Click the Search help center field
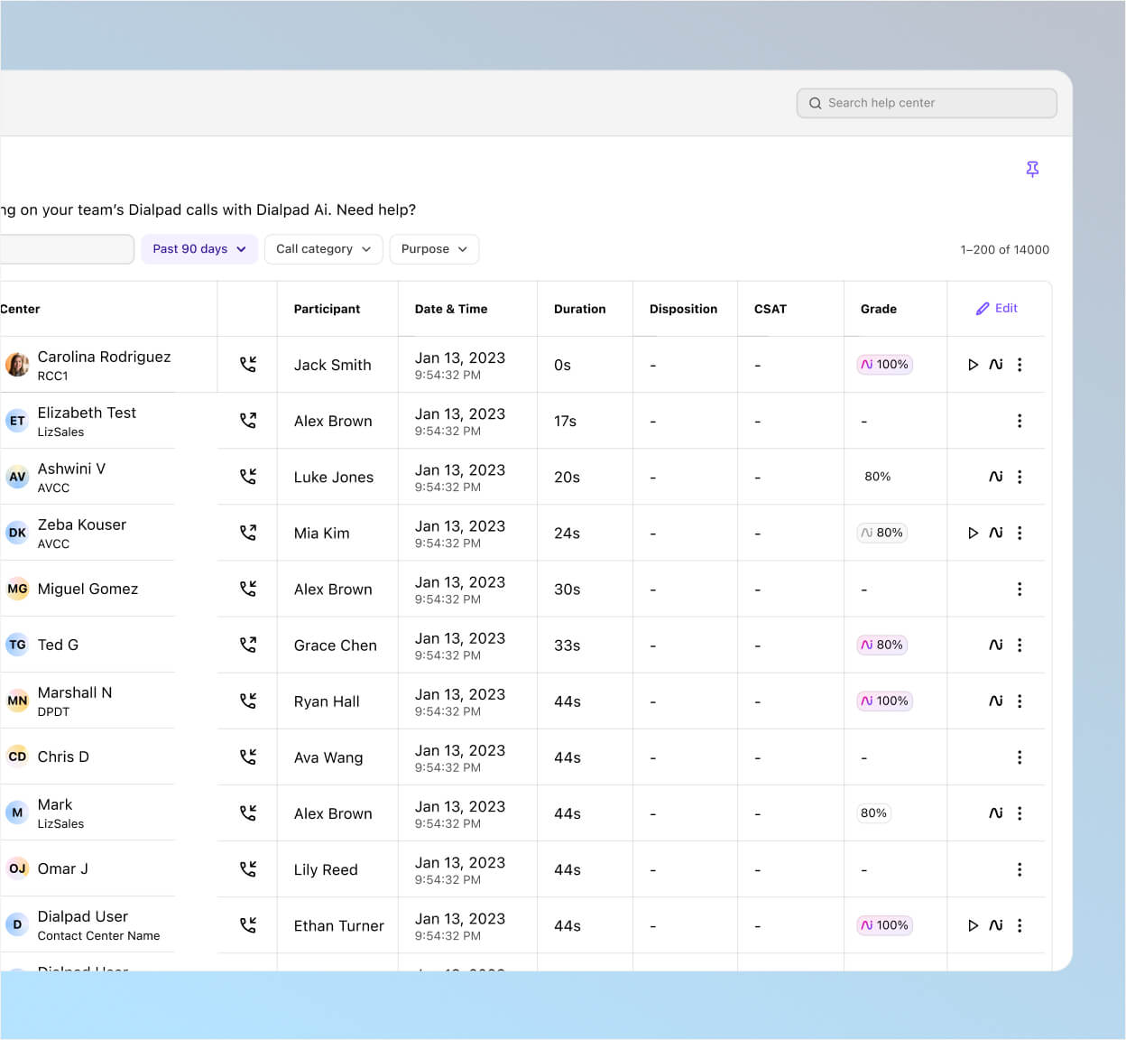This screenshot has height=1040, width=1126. click(926, 103)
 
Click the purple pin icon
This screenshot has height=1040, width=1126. click(1032, 169)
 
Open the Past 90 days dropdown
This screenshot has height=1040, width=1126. click(199, 249)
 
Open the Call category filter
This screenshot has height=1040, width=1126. click(323, 249)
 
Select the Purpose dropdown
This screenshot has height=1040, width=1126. click(434, 249)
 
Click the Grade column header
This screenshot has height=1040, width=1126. click(878, 309)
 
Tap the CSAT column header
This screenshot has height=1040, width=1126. click(770, 309)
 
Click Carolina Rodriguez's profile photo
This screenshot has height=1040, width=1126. click(17, 365)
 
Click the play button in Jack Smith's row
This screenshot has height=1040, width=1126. click(973, 365)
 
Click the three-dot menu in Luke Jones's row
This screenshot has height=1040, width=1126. click(1020, 477)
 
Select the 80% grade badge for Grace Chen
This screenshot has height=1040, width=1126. click(882, 645)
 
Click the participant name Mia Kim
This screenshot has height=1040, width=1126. click(321, 534)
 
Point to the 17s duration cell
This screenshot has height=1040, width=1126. click(565, 421)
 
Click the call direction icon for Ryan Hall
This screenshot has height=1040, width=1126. click(248, 701)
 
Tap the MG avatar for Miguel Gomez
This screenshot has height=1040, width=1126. click(17, 589)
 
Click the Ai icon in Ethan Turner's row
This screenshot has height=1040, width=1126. click(995, 925)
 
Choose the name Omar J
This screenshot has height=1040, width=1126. click(62, 868)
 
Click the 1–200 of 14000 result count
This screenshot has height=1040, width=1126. click(1004, 250)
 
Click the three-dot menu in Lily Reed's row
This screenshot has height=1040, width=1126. click(1020, 869)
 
